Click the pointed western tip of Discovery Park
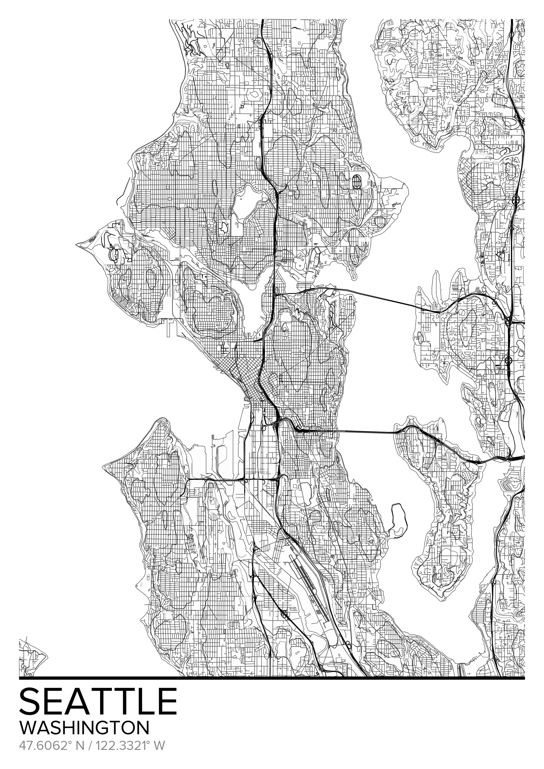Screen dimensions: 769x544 click(x=78, y=244)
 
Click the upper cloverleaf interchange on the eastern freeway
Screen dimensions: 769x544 click(x=516, y=200)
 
